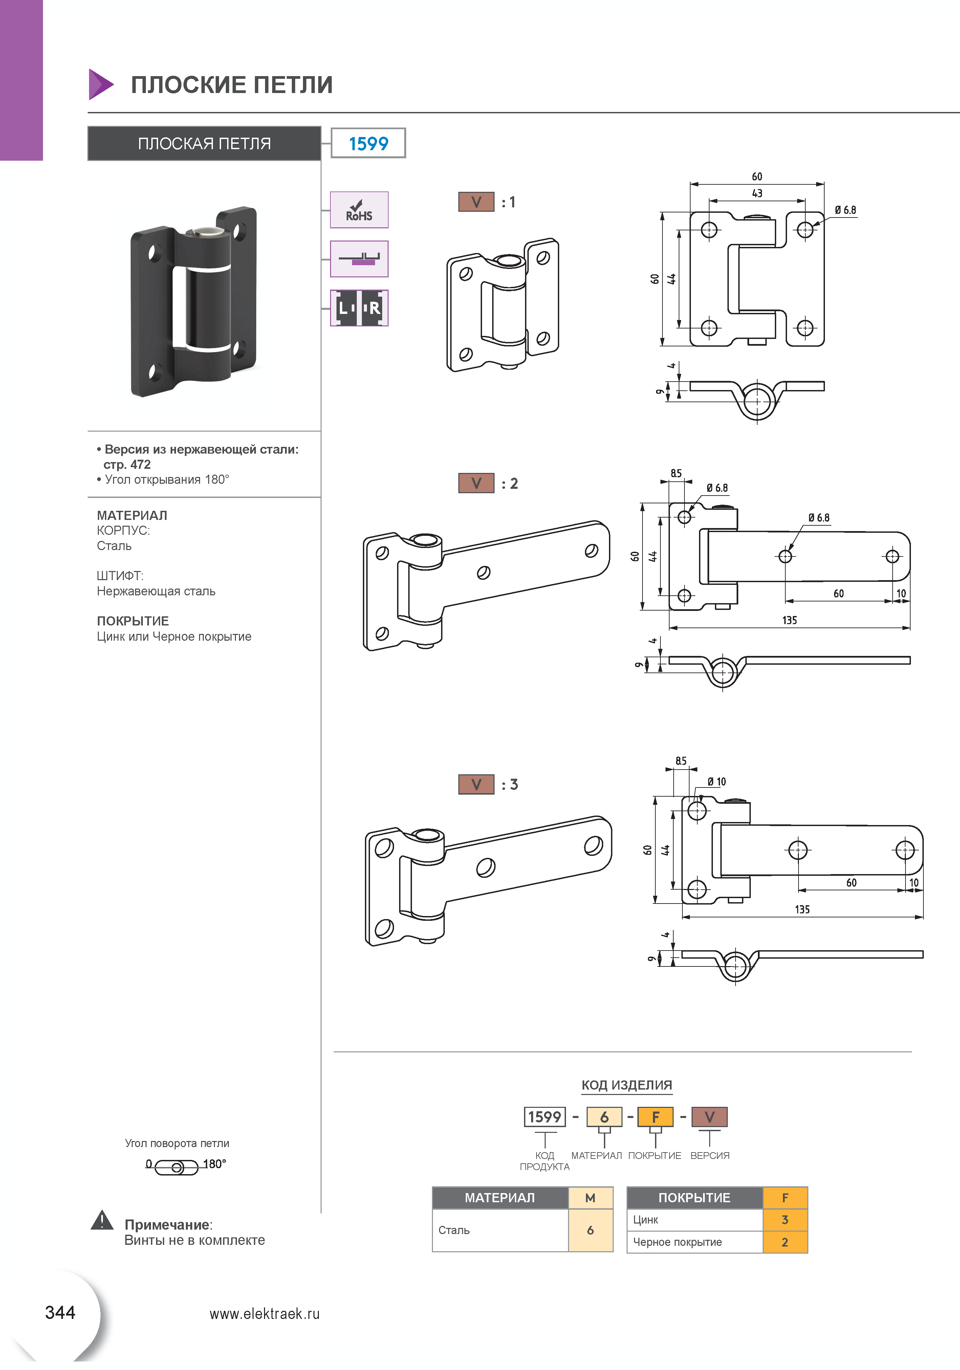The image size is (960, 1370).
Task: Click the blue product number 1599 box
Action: pyautogui.click(x=368, y=143)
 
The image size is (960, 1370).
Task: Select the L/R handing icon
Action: pyautogui.click(x=359, y=308)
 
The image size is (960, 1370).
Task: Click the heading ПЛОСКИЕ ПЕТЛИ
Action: pyautogui.click(x=232, y=85)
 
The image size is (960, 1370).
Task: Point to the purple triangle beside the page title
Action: pyautogui.click(x=100, y=84)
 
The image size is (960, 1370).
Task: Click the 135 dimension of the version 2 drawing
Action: pyautogui.click(x=789, y=620)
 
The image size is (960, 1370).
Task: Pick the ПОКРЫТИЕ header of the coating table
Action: pyautogui.click(x=694, y=1197)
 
